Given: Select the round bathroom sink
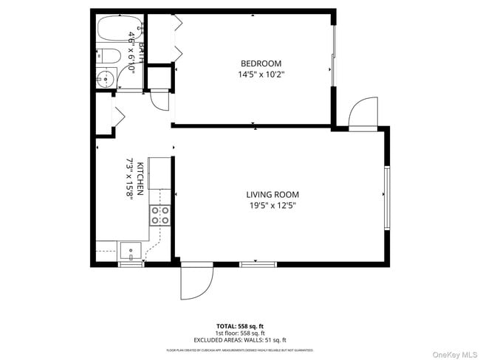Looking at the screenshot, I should point(105,77).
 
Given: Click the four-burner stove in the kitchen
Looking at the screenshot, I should point(160,215).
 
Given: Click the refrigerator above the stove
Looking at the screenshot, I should point(160,174).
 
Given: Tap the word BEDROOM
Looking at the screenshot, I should point(261,63).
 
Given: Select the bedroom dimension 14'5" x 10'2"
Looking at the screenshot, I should point(261,75).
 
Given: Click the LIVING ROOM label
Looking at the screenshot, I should point(272,195).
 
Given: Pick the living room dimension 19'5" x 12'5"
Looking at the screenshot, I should point(272,206).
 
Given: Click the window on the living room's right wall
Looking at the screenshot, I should point(386,198).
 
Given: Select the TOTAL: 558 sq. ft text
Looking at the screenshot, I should point(240,325).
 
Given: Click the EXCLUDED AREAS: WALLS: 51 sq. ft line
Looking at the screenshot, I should point(240,340).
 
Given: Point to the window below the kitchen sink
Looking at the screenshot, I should point(131,264).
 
